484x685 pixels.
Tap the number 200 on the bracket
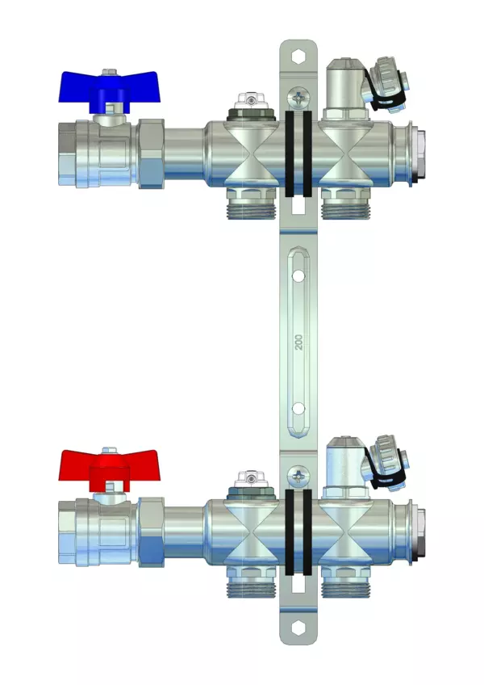[x=298, y=342]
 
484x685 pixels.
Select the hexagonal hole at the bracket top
[x=298, y=57]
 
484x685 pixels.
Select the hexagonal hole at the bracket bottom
[x=298, y=628]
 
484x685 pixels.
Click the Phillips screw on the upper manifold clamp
[x=298, y=98]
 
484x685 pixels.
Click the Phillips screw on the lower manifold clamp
[x=298, y=476]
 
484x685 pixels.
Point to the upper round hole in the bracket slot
[x=298, y=276]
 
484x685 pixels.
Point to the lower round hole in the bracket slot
[x=298, y=409]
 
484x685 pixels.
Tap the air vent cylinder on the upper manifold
[x=345, y=87]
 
